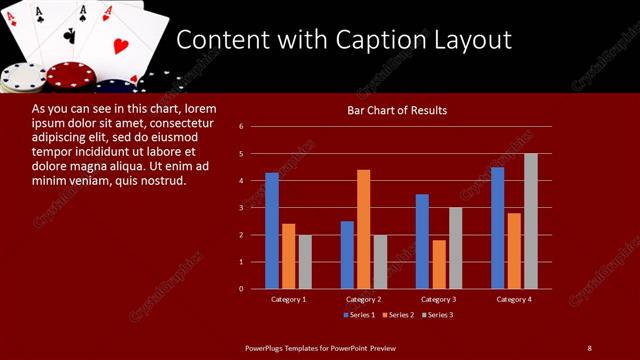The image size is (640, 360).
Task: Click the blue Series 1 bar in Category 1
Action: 272,230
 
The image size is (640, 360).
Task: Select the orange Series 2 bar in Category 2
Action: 363,229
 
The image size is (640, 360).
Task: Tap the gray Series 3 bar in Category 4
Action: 530,221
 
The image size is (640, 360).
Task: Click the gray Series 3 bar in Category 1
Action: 305,262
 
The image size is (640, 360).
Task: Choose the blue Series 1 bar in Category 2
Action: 347,255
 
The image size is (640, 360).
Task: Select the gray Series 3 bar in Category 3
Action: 455,248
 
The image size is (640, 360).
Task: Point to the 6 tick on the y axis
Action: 242,127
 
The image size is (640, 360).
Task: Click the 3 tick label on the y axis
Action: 242,208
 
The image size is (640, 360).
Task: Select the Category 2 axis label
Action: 363,299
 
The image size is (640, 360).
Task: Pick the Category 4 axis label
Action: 513,299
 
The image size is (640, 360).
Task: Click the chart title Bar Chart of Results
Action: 397,110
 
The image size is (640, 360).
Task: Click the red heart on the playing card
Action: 119,46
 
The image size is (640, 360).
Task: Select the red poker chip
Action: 71,75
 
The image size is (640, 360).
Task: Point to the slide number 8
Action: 589,347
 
